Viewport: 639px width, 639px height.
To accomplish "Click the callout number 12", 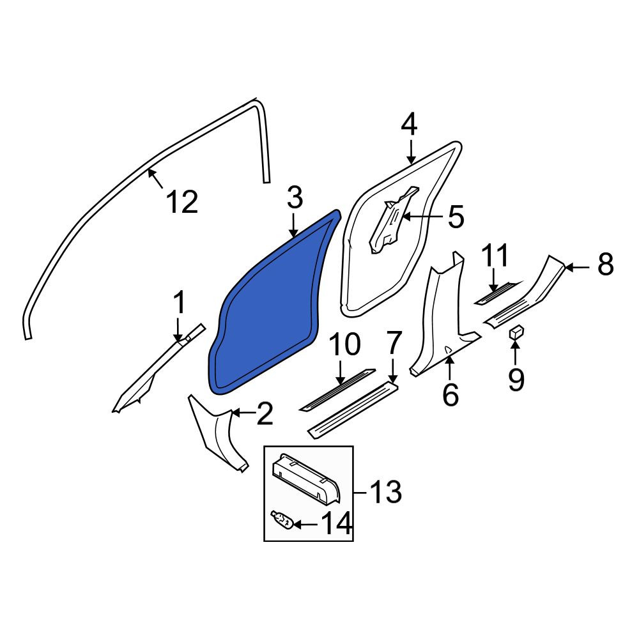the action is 183,201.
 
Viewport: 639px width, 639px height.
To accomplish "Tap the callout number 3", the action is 295,197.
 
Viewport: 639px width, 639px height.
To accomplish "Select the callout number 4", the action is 409,125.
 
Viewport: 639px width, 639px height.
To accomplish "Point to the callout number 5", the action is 456,217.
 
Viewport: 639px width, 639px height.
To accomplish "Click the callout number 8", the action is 606,264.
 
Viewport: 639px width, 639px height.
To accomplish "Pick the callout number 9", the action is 516,380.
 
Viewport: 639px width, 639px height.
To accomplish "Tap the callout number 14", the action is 337,523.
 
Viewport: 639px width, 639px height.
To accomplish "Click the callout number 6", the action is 450,394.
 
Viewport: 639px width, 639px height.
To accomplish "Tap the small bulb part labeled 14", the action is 282,520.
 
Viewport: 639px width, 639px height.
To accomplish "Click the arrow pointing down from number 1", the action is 178,329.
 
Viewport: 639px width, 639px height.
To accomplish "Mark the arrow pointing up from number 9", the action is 516,353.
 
